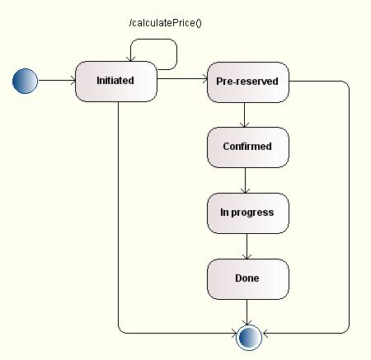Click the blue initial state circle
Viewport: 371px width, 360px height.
26,81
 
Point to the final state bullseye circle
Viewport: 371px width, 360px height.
247,334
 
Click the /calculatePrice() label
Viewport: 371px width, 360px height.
165,22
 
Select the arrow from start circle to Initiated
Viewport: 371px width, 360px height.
56,81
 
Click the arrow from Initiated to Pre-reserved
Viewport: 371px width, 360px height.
181,81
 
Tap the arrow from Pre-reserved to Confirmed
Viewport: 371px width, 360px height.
247,115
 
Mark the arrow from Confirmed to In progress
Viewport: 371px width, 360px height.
247,180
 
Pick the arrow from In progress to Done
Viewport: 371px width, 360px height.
247,246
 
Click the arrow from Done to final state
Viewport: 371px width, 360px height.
247,311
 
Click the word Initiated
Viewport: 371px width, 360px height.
115,81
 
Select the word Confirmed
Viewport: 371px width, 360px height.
247,147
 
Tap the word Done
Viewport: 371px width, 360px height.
247,278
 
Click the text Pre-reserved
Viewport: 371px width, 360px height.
247,82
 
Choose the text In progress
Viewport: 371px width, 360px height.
247,213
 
